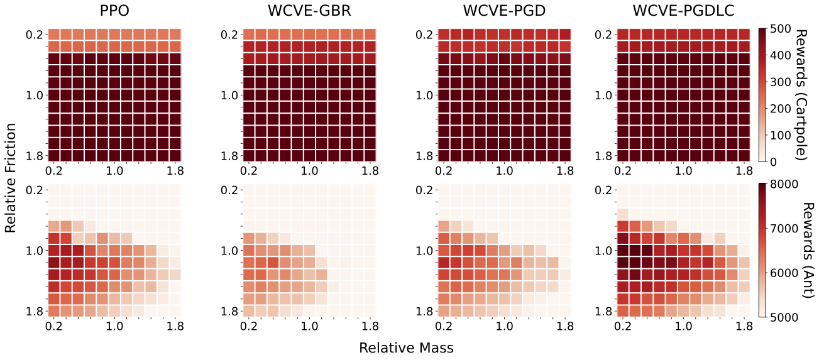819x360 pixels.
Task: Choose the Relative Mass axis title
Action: [407, 347]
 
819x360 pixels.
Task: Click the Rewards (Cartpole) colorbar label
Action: [802, 95]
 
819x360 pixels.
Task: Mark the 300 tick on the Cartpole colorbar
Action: [780, 82]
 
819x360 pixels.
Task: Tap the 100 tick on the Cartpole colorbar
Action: [780, 135]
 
